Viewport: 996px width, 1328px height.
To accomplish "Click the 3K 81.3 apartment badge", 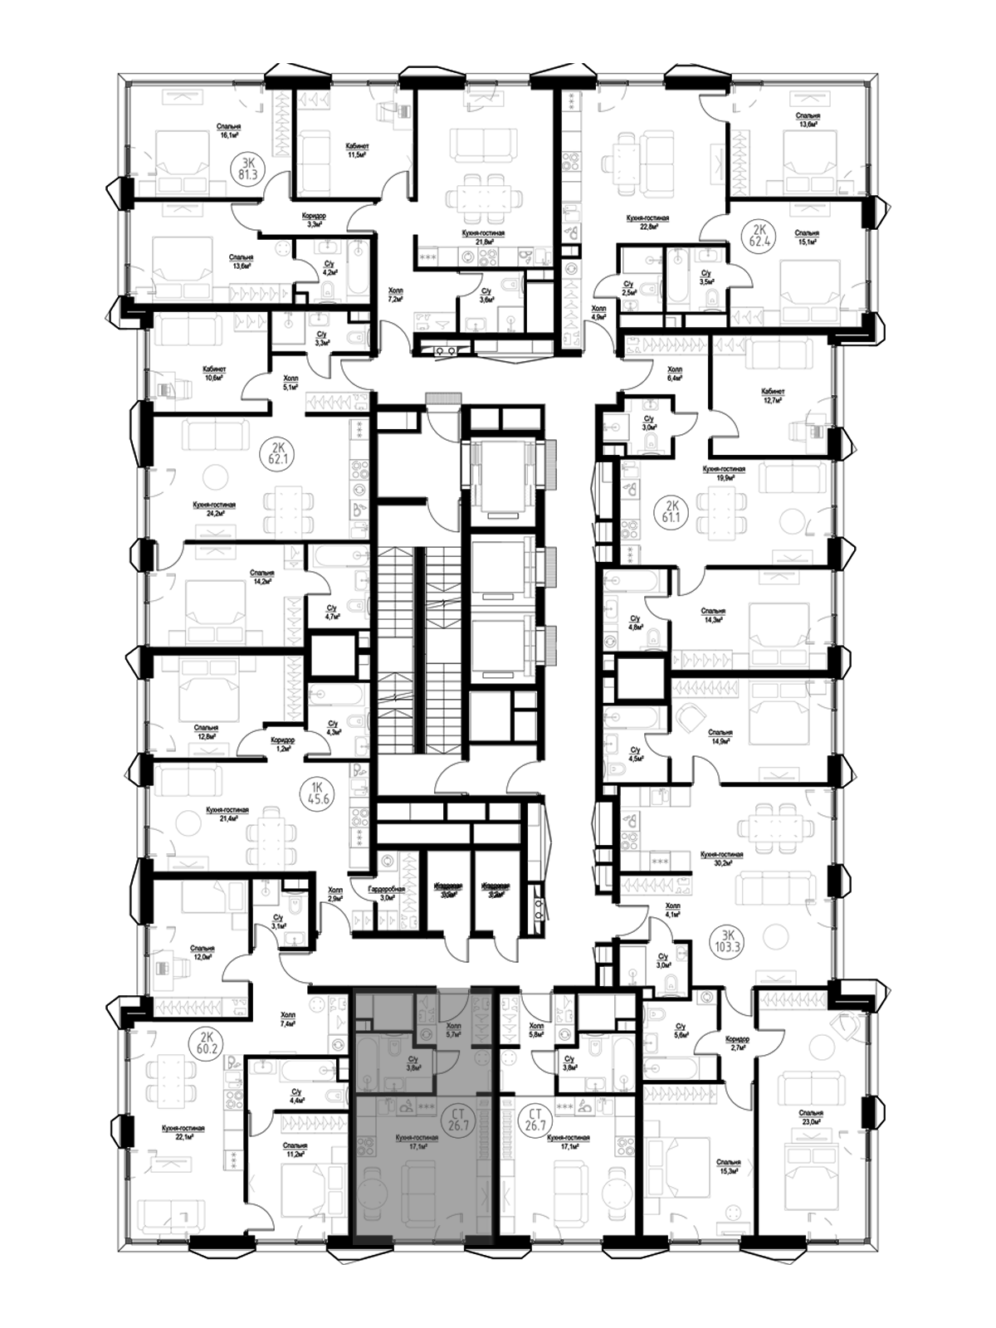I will tap(249, 168).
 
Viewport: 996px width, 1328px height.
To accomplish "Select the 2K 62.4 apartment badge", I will tap(758, 237).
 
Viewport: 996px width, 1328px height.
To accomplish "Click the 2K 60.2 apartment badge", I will tap(207, 1043).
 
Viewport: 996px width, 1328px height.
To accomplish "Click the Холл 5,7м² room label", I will tap(453, 1031).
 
